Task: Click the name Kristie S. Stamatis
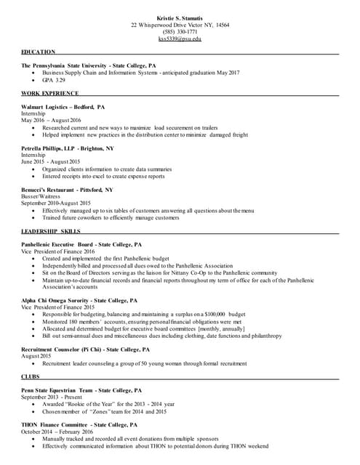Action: click(180, 17)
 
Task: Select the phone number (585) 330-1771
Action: click(180, 31)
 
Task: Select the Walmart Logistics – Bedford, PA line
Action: click(63, 107)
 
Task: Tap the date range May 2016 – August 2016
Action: click(51, 120)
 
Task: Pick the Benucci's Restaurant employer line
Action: click(67, 190)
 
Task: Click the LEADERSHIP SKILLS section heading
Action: click(51, 231)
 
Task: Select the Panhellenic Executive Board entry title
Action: click(81, 245)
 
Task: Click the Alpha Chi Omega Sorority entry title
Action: click(79, 300)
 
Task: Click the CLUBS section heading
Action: click(32, 376)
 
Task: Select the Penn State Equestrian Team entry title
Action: click(77, 390)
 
